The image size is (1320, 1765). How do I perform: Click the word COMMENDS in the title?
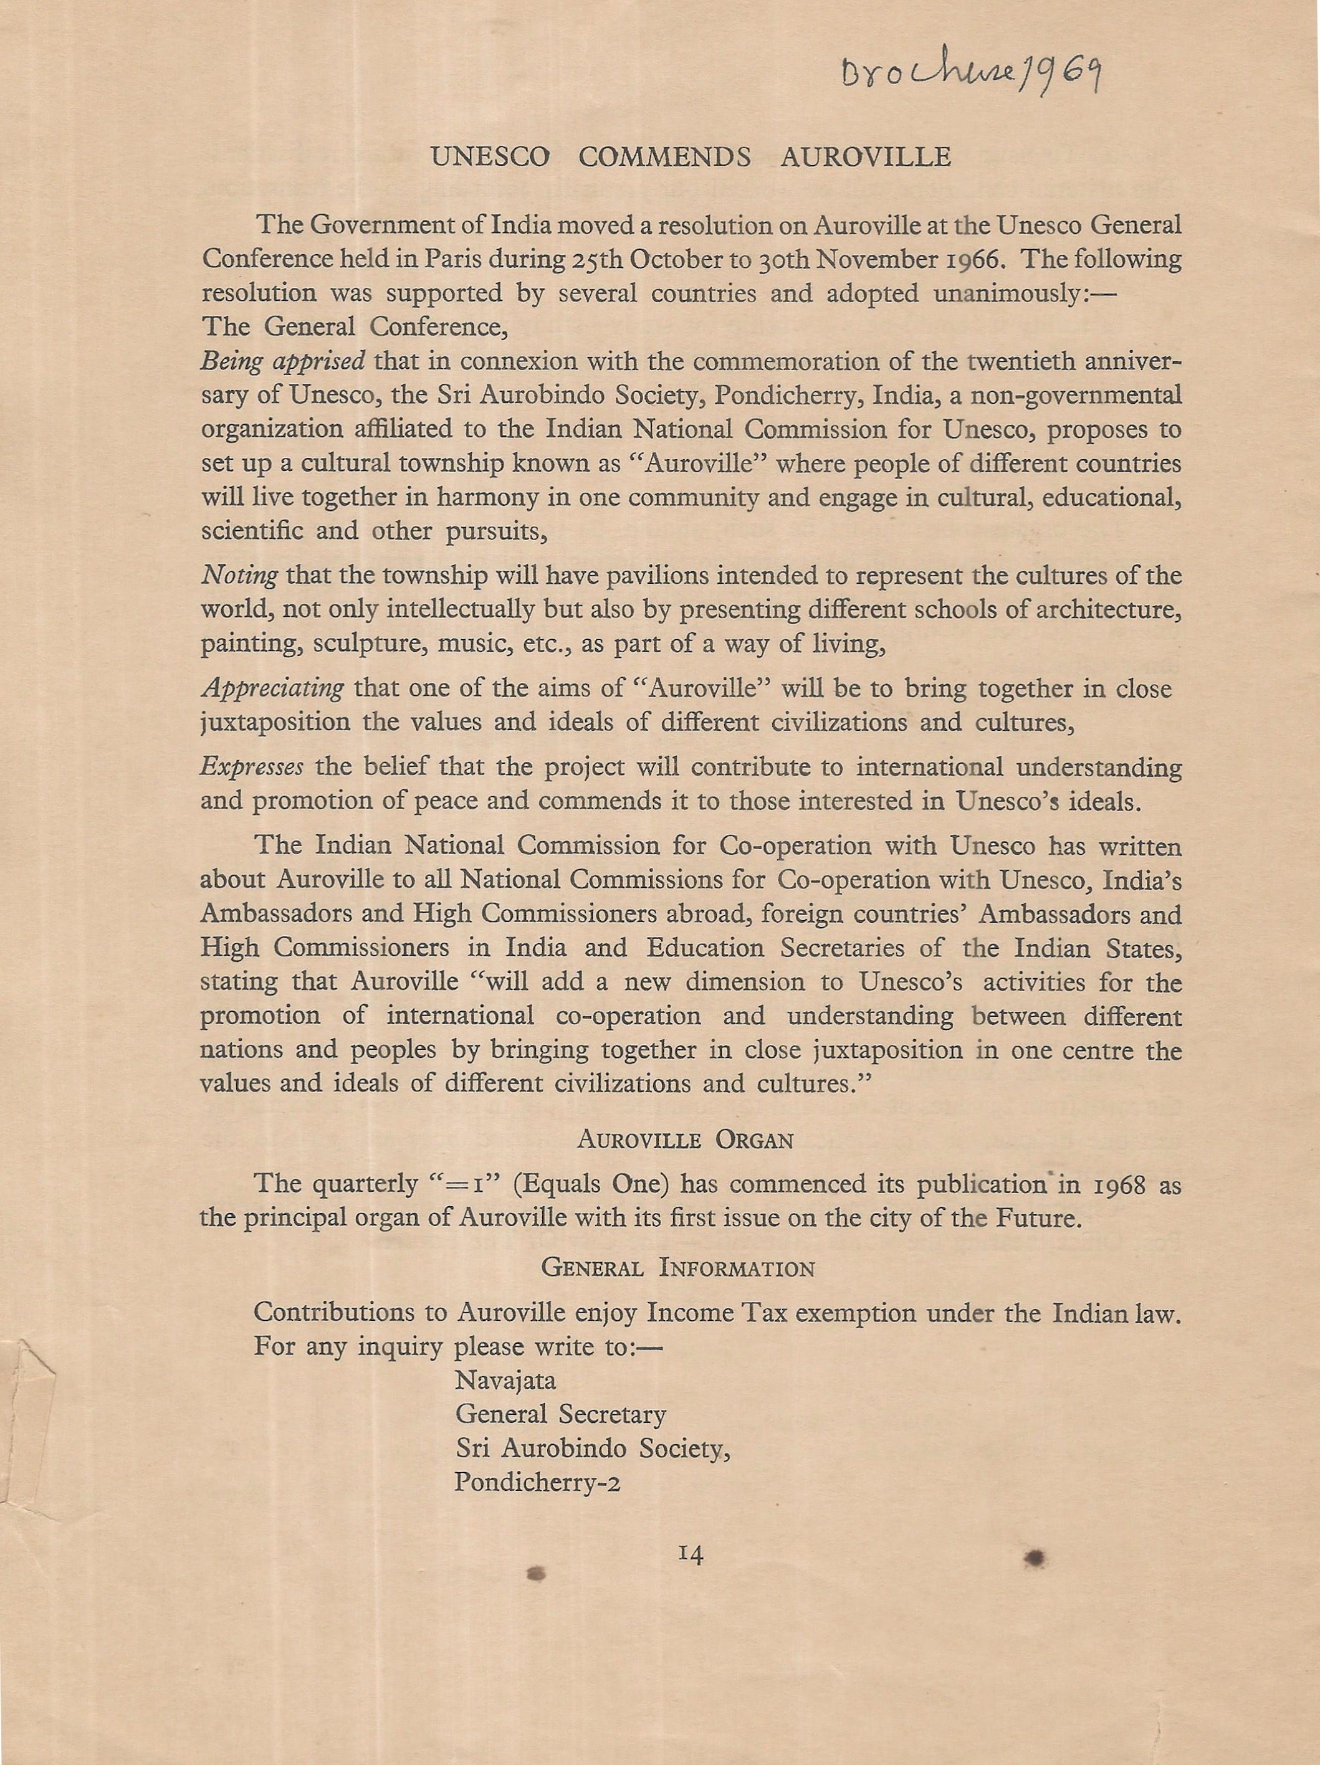click(x=664, y=157)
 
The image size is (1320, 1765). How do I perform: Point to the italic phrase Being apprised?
click(x=282, y=361)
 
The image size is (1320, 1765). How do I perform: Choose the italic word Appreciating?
click(x=272, y=688)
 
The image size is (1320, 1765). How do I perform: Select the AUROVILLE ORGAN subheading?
click(x=685, y=1140)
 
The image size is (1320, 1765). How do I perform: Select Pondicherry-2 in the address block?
click(x=537, y=1482)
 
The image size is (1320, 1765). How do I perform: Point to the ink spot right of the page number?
click(x=1036, y=1557)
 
